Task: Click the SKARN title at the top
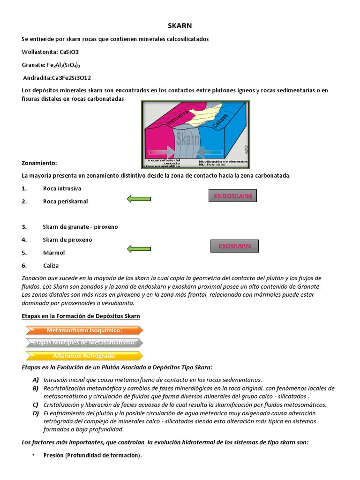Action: (180, 26)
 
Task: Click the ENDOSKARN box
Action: (232, 196)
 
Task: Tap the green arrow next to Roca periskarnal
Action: (139, 199)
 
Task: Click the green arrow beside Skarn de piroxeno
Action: (139, 248)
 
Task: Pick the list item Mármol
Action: (53, 253)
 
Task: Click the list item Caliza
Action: (51, 266)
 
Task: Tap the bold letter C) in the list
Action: (35, 405)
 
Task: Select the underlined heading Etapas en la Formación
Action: (81, 316)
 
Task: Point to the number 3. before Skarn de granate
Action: (24, 227)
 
